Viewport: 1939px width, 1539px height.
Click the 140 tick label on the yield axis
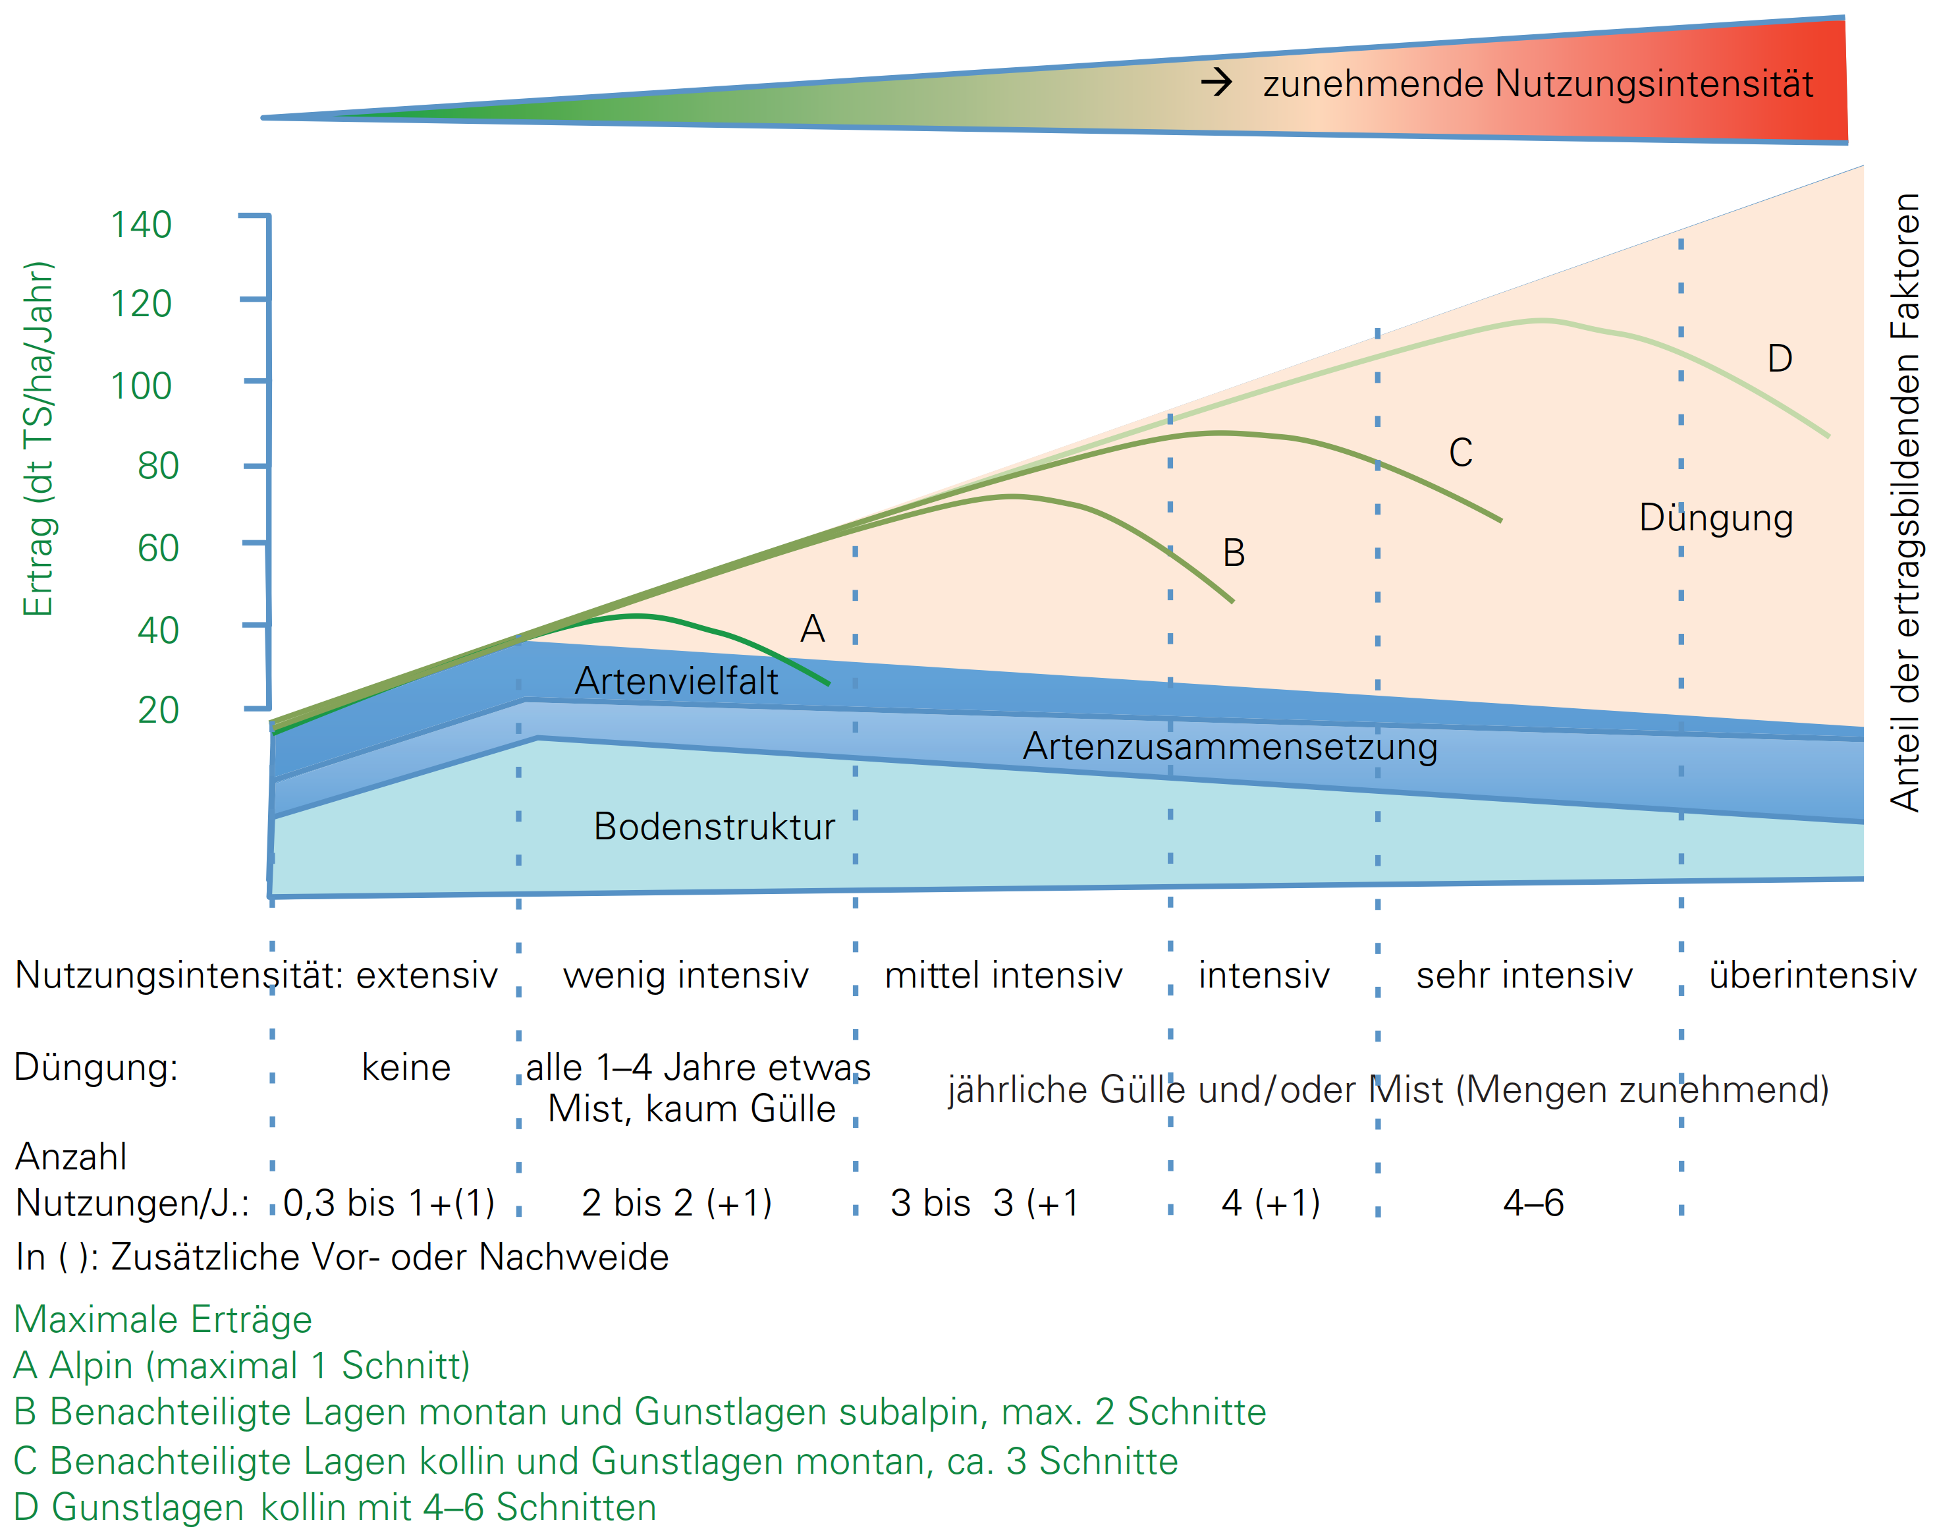coord(140,225)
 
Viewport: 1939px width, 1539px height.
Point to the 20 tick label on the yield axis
coord(157,711)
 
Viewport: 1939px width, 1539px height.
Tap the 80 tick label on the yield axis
coord(157,466)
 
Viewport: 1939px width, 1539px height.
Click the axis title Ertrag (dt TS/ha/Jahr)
coord(38,439)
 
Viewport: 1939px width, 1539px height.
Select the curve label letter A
coord(812,629)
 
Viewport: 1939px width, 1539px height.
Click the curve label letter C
coord(1461,453)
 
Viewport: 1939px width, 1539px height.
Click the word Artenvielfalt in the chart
coord(676,681)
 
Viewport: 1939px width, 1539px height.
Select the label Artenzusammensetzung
coord(1230,746)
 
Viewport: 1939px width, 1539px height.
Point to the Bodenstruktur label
coord(714,827)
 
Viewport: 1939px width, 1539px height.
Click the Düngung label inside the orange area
coord(1716,518)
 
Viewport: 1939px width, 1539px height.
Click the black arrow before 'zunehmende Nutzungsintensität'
coord(1217,84)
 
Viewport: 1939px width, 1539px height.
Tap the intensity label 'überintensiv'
coord(1812,975)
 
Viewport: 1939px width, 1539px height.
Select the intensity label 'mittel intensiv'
coord(1004,975)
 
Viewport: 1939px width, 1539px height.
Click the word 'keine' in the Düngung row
coord(406,1068)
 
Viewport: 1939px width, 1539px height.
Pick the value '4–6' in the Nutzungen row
coord(1533,1202)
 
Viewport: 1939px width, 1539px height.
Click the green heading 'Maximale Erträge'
coord(163,1320)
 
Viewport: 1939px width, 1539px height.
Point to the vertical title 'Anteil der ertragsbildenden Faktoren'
coord(1905,502)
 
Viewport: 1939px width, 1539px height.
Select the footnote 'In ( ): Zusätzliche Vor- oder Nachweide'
coord(342,1256)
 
